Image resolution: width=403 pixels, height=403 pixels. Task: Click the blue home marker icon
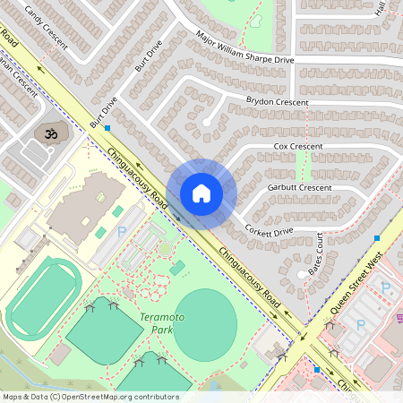tap(201, 193)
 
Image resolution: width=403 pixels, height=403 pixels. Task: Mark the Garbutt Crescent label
tap(300, 188)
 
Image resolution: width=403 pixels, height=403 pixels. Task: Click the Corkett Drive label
tap(269, 231)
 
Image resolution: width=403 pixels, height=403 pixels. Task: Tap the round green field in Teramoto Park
tap(206, 324)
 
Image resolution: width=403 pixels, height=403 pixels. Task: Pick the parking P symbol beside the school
tap(122, 232)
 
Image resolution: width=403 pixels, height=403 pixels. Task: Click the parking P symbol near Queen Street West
tap(386, 287)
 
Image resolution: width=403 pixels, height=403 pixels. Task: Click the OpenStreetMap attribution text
tap(90, 396)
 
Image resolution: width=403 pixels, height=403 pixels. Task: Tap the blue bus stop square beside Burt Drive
tap(107, 128)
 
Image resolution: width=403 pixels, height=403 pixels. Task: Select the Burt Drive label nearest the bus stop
tap(103, 111)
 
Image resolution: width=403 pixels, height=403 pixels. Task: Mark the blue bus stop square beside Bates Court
tap(377, 239)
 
